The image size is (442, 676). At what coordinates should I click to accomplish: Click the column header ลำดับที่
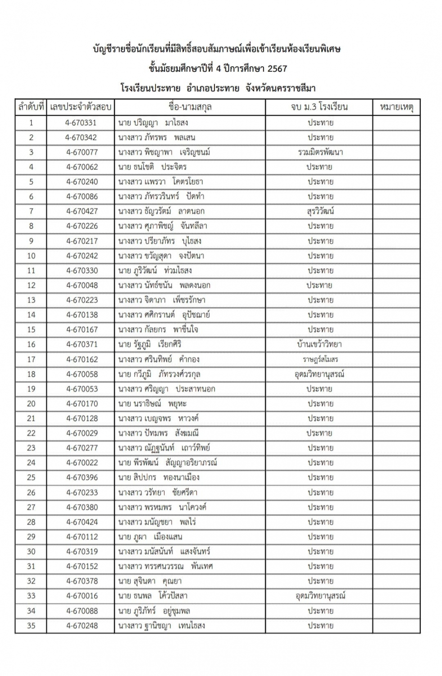pos(31,107)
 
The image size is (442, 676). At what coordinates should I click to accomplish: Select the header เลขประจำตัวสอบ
pos(81,107)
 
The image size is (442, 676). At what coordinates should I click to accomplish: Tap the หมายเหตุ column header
pos(396,107)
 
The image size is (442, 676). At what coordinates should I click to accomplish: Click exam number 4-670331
pos(81,123)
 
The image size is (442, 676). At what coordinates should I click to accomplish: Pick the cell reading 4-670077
pos(82,152)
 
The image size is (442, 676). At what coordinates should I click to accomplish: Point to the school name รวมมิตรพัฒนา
pos(320,152)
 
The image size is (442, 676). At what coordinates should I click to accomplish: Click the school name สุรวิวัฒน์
pos(320,211)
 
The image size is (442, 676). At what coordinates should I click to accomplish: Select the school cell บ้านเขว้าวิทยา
pos(319,344)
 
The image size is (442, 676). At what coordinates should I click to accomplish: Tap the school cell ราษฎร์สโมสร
pos(320,359)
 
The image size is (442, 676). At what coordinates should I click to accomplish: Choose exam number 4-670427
pos(82,211)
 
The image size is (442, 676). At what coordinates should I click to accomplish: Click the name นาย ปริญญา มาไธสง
pos(153,123)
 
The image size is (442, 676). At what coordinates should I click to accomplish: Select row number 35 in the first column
pos(31,626)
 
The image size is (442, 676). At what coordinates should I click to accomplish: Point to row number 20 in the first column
pos(31,404)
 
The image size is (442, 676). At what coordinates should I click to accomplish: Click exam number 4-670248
pos(82,626)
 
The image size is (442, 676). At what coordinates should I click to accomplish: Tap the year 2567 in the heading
pos(277,69)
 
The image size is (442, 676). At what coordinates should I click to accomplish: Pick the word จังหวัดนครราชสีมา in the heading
pos(280,88)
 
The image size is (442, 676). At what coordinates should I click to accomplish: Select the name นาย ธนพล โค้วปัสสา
pos(153,596)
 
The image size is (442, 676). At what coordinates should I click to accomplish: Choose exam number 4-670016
pos(82,596)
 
